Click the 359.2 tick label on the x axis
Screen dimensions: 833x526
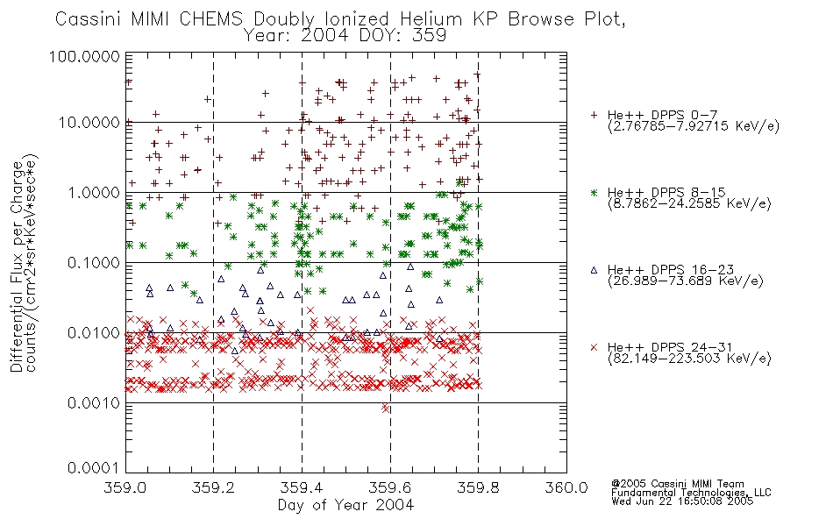(214, 487)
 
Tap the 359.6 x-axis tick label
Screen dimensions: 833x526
(390, 487)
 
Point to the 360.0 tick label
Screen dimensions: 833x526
(566, 487)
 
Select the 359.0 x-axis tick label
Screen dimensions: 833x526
(125, 487)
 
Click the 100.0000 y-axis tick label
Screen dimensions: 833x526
(84, 56)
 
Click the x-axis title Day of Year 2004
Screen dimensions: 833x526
(345, 505)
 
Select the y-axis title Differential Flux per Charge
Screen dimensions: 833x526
(17, 267)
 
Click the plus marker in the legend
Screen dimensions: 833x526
(594, 115)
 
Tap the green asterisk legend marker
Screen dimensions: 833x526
(594, 192)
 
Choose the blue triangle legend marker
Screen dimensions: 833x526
(594, 270)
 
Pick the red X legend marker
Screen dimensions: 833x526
(594, 347)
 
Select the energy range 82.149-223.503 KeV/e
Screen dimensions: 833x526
(689, 359)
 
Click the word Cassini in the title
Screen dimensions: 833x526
(89, 19)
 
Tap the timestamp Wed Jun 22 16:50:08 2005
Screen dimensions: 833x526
(682, 501)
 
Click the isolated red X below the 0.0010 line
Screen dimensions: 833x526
(385, 408)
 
